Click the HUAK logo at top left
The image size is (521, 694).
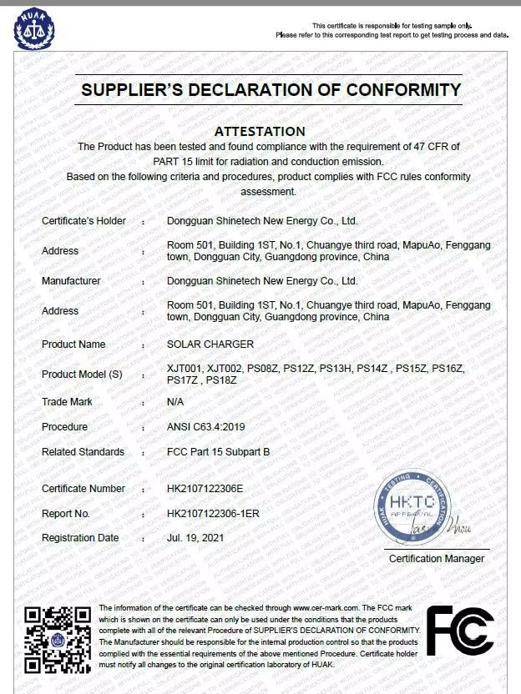34,28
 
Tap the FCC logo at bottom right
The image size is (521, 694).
460,631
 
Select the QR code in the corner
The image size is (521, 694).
56,639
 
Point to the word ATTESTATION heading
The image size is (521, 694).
260,131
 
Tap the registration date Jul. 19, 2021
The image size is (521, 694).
196,538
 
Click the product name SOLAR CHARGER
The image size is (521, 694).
210,344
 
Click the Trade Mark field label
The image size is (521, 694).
67,402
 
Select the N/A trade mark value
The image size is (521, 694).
175,402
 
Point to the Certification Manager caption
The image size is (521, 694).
437,558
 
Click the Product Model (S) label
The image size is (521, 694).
82,375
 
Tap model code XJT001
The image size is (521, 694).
185,368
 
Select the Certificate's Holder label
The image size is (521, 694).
83,221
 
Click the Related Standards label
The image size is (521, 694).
83,452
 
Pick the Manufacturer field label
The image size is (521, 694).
71,281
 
